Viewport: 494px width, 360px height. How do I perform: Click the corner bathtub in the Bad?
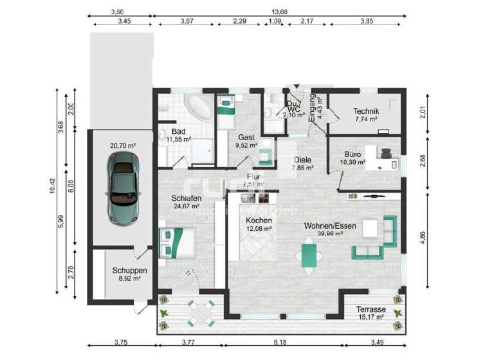pyautogui.click(x=197, y=107)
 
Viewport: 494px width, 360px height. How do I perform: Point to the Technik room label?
pyautogui.click(x=366, y=111)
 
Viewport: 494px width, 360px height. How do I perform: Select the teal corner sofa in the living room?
pyautogui.click(x=380, y=239)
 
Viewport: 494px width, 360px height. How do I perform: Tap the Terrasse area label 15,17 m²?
pyautogui.click(x=370, y=316)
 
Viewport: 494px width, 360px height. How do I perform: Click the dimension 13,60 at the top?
pyautogui.click(x=279, y=12)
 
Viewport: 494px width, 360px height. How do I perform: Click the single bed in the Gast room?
pyautogui.click(x=226, y=113)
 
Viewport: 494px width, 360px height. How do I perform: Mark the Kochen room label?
pyautogui.click(x=259, y=220)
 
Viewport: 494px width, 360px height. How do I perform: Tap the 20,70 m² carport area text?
pyautogui.click(x=122, y=146)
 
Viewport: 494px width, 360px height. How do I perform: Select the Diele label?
pyautogui.click(x=302, y=159)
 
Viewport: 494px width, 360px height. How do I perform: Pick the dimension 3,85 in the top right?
pyautogui.click(x=366, y=22)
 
